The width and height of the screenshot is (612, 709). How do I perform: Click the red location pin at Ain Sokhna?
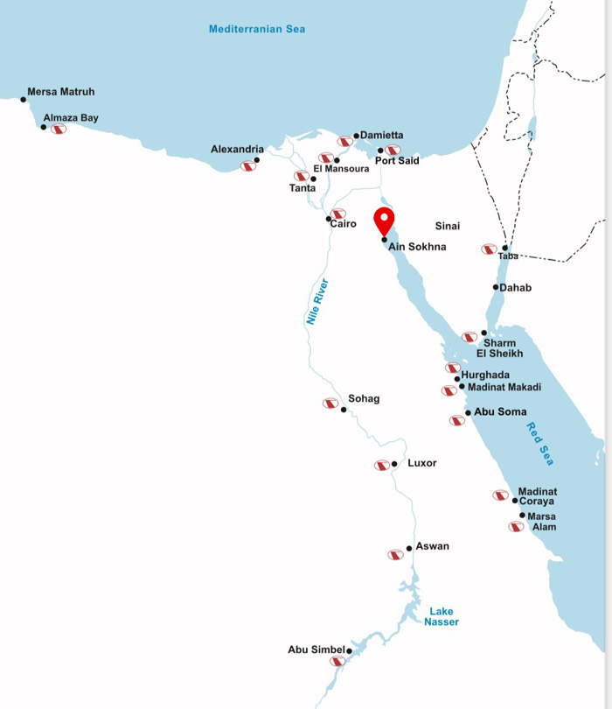click(385, 221)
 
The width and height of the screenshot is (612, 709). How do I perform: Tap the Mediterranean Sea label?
click(257, 29)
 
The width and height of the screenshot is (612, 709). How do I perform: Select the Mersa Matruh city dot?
click(24, 100)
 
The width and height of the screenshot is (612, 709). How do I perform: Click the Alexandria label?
click(237, 150)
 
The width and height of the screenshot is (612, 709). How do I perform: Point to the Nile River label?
click(316, 302)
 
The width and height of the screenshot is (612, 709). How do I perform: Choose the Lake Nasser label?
click(442, 616)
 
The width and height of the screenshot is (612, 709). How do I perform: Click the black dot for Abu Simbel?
click(349, 651)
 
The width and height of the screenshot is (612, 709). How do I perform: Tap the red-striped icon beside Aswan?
click(395, 555)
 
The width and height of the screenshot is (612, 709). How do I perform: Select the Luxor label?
click(422, 463)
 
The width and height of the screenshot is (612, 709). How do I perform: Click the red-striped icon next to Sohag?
click(330, 404)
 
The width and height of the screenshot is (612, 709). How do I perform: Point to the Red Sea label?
click(540, 444)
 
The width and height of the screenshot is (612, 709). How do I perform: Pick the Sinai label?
click(448, 226)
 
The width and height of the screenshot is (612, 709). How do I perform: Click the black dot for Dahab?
click(496, 287)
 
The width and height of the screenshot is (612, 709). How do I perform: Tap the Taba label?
click(508, 256)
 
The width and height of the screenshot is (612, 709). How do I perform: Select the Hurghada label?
click(485, 375)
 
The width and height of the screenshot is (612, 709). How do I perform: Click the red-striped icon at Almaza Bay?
click(59, 130)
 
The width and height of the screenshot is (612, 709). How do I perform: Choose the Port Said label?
click(397, 161)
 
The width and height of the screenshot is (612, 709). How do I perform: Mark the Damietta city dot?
click(357, 136)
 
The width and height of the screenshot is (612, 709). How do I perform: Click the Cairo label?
click(344, 224)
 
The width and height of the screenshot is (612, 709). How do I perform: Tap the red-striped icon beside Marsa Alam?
click(516, 527)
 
